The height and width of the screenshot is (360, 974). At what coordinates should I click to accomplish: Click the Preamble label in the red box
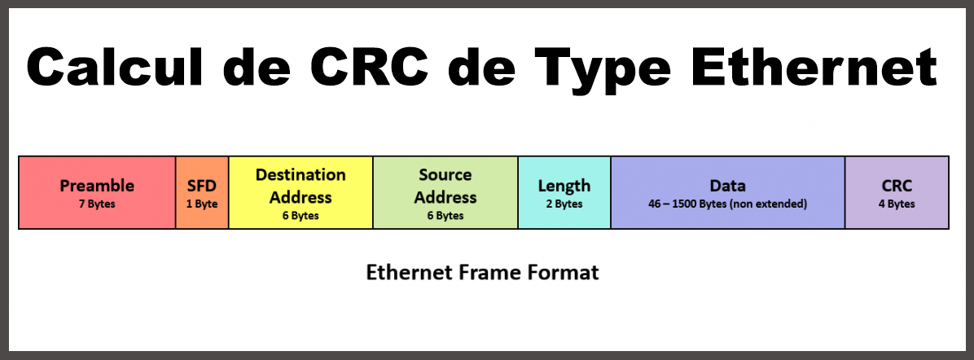point(97,186)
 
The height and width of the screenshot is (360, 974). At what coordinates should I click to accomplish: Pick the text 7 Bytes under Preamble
point(97,204)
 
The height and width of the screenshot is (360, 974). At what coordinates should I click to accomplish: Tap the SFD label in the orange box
point(202,186)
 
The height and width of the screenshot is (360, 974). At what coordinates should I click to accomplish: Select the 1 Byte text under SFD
point(202,204)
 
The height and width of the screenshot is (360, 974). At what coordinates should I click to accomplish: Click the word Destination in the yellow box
point(301,175)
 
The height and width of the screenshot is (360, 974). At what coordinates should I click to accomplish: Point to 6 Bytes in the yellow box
point(301,216)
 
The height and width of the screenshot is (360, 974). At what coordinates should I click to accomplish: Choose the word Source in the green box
point(445,175)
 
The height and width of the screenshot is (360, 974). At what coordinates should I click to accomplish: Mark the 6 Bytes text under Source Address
point(445,216)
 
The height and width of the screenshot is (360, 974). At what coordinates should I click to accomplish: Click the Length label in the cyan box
point(564,186)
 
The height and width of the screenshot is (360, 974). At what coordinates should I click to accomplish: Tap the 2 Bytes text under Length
point(564,204)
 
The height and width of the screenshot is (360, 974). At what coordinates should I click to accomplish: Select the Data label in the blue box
point(727,186)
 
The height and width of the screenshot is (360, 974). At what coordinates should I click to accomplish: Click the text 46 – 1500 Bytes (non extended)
point(727,204)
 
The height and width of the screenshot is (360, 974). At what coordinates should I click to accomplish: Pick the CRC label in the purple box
point(897,186)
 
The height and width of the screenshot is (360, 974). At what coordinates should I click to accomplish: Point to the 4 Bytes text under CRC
point(897,204)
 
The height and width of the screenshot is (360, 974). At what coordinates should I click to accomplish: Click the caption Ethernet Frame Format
point(482,272)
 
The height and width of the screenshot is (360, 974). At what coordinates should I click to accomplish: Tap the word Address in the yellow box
point(301,197)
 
